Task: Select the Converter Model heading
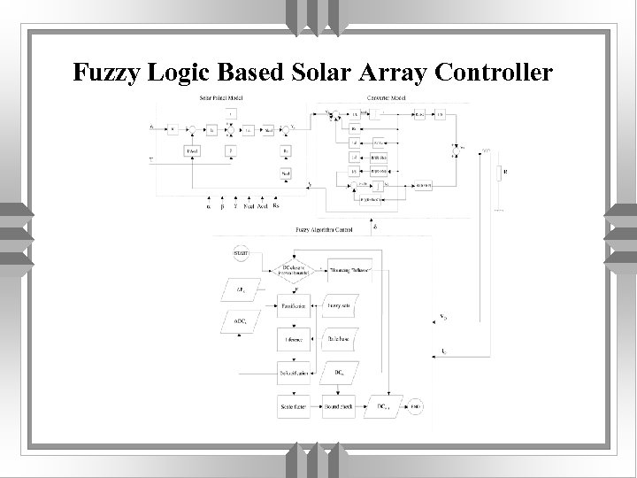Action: tap(386, 96)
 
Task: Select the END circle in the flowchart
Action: tap(416, 407)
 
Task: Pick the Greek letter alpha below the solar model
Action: tap(208, 206)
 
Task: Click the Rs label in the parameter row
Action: tap(276, 206)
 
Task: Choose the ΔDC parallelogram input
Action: tap(241, 322)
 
